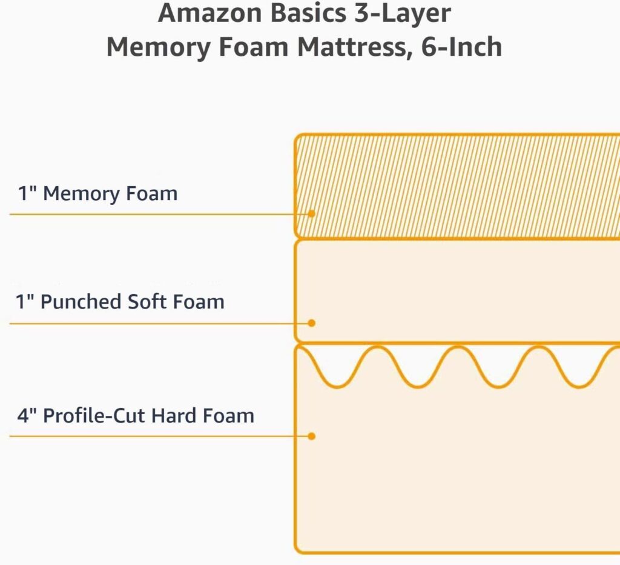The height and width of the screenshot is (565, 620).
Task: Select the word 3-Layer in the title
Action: (x=403, y=14)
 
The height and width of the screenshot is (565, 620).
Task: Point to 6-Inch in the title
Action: (x=462, y=47)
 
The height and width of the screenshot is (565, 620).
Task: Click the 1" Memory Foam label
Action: (x=97, y=194)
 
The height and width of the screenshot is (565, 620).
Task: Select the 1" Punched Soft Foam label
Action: (x=120, y=301)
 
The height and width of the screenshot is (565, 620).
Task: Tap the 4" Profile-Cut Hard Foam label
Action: (x=135, y=416)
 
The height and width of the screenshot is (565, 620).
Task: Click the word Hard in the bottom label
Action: (x=174, y=416)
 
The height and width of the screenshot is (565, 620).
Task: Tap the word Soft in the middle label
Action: (x=147, y=301)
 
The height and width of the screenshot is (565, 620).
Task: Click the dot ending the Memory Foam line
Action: (x=311, y=214)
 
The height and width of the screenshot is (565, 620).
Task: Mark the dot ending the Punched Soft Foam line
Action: (x=311, y=323)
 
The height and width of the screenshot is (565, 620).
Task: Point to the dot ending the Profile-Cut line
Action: (x=311, y=436)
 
